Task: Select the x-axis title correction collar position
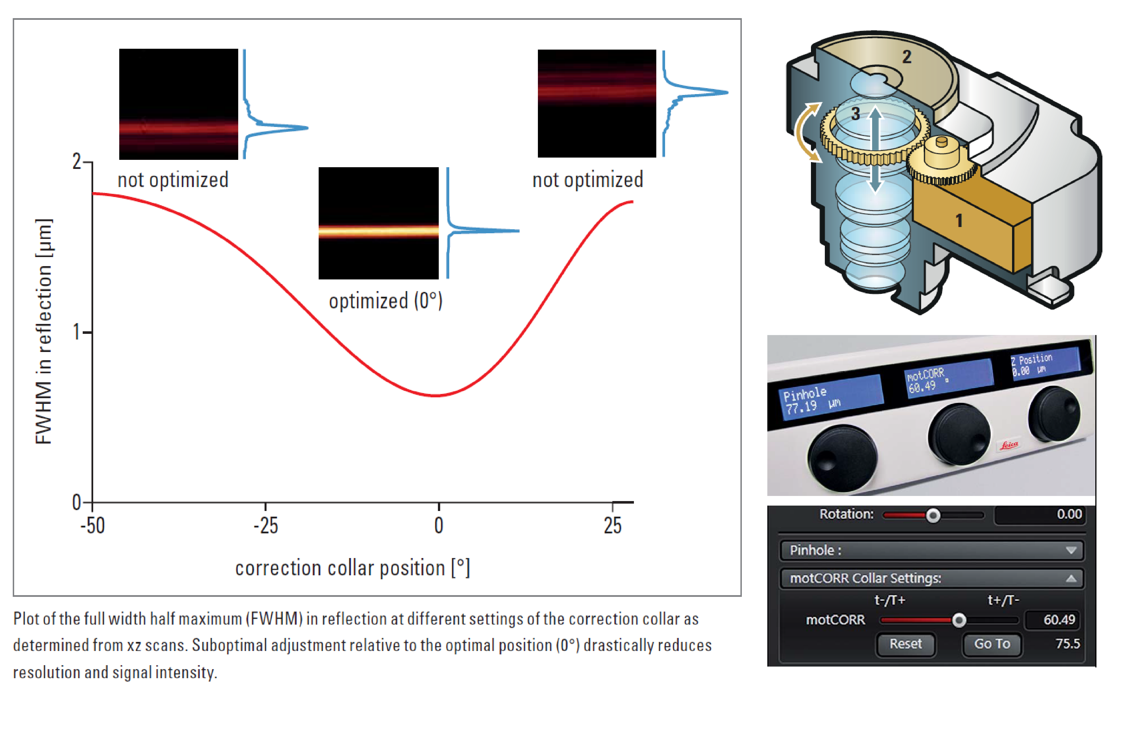353,568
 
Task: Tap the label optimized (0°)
386,301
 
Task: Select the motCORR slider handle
959,620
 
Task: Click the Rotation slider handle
933,516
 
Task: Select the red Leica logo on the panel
1009,446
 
